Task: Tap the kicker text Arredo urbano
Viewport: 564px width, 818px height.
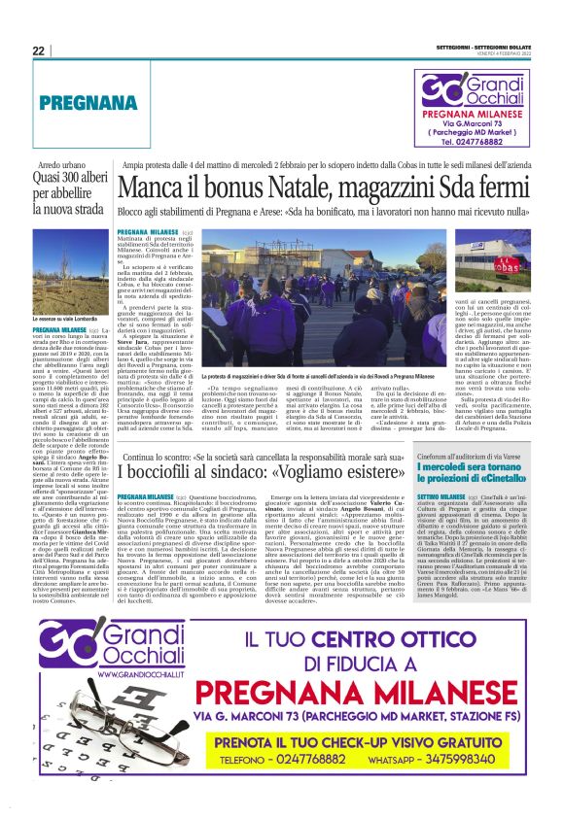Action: click(x=54, y=166)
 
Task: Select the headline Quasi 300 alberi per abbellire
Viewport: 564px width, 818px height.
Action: click(x=66, y=191)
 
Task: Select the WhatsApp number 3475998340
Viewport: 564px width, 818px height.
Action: click(x=473, y=785)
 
